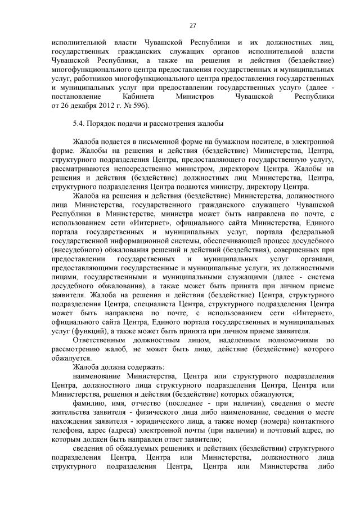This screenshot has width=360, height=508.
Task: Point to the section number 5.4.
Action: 79,124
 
